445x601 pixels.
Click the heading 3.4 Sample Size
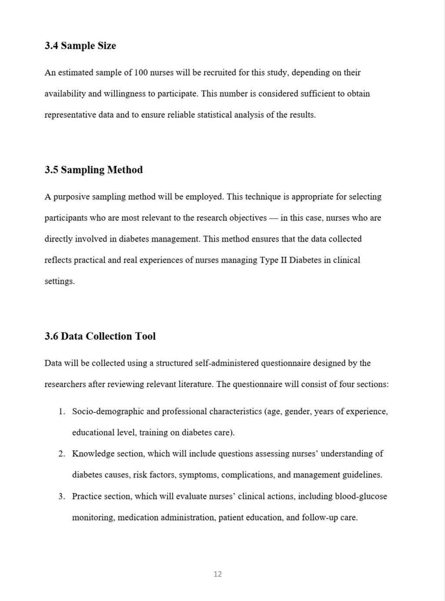pos(80,46)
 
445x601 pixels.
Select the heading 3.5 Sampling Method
pos(93,169)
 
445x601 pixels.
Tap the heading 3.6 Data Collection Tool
pos(100,336)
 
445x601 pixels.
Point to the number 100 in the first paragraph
pos(141,73)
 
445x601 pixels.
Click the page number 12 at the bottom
pos(218,574)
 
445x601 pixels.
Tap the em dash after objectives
pos(273,218)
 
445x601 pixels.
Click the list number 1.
pos(62,412)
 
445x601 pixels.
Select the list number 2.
pos(62,454)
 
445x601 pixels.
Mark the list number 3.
pos(62,496)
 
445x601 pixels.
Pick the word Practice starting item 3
pos(87,496)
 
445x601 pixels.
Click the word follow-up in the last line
pos(320,518)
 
